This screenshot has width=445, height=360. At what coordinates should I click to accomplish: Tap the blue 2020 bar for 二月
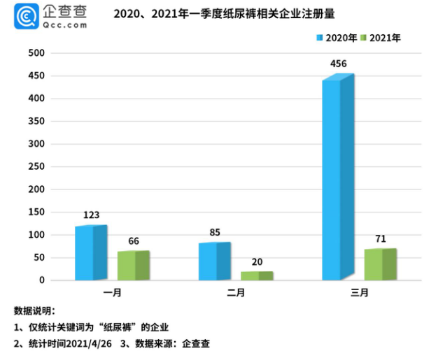tap(214, 261)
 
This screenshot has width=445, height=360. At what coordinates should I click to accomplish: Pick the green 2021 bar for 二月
tap(256, 275)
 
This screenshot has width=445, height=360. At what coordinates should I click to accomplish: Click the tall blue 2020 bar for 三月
tap(337, 178)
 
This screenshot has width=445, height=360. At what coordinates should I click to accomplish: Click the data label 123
tap(92, 216)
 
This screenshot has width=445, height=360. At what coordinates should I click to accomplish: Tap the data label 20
tap(256, 261)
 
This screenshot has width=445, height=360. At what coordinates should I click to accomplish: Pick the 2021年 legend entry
tap(382, 38)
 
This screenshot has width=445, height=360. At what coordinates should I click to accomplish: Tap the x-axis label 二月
tap(236, 292)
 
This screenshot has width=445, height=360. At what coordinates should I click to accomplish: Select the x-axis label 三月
tap(360, 292)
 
